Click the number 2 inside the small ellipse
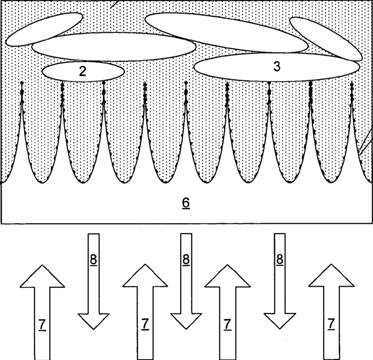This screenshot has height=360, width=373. (x=82, y=71)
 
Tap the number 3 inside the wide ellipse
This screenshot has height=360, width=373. (x=277, y=67)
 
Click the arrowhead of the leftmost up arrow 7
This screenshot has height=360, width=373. (x=42, y=276)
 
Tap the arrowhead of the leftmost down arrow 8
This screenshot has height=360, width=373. (x=93, y=322)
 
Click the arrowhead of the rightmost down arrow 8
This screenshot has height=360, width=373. (x=280, y=322)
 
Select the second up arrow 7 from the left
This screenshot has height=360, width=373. (x=145, y=312)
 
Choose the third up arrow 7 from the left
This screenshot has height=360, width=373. (x=226, y=312)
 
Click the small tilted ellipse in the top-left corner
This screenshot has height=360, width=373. (x=44, y=28)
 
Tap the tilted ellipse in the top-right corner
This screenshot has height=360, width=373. (x=325, y=38)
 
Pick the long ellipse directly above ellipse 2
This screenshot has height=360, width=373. (x=113, y=47)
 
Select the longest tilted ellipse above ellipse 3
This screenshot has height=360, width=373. (x=226, y=32)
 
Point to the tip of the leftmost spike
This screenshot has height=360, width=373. (x=21, y=84)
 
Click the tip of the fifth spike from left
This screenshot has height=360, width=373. (x=186, y=84)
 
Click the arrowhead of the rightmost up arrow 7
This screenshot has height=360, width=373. (x=331, y=276)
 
